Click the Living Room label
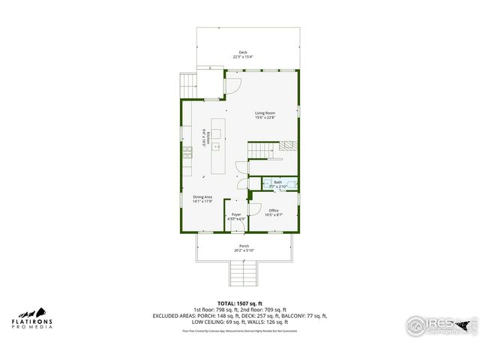click(264, 112)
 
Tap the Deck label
click(243, 52)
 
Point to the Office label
click(274, 210)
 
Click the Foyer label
click(236, 214)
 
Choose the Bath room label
click(277, 181)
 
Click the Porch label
click(244, 246)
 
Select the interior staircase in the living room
click(259, 151)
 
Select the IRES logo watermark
click(442, 325)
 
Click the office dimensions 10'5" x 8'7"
click(274, 215)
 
